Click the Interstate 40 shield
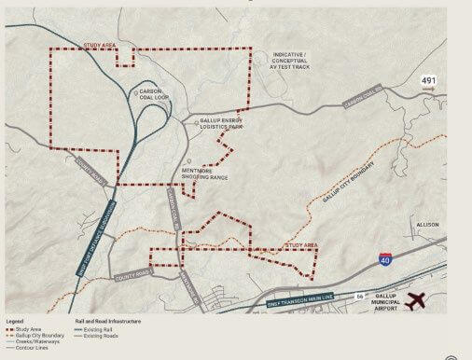click(x=385, y=263)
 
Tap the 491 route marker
click(x=427, y=80)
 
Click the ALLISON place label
click(x=426, y=225)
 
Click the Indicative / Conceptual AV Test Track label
click(x=290, y=61)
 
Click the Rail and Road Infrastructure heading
click(x=108, y=321)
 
